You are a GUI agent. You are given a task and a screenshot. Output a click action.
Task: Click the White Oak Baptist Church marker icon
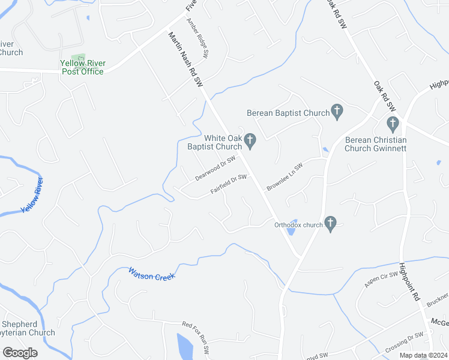[x=250, y=142]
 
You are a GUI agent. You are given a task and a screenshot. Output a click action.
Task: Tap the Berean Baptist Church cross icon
[x=337, y=112]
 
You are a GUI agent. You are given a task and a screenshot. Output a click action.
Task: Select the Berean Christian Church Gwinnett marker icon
[x=393, y=125]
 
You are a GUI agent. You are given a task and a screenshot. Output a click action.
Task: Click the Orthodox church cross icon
[x=330, y=224]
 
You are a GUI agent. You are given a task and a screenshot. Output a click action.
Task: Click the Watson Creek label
[x=151, y=274]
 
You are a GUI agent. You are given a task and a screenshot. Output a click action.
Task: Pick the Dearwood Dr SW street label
[x=215, y=169]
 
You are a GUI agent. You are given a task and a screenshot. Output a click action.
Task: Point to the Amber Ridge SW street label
[x=197, y=37]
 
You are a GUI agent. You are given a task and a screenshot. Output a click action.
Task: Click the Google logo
[x=20, y=353]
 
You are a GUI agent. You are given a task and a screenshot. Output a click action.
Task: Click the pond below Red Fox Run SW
[x=185, y=347]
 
